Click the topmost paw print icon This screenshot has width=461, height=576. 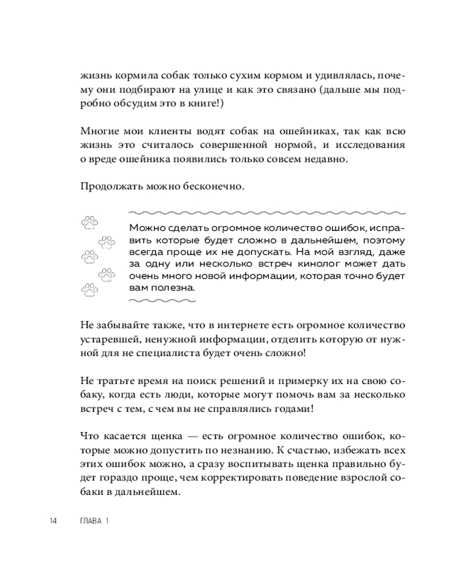pos(90,221)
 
